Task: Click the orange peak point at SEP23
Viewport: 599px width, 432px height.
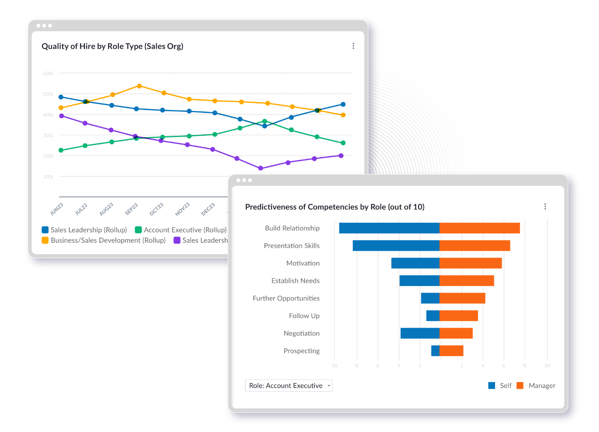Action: point(139,86)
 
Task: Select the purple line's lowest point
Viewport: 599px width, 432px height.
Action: point(260,168)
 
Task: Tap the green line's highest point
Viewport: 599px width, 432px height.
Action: point(264,121)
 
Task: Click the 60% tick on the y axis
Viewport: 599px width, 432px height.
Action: point(48,74)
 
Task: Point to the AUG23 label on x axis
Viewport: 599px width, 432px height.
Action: point(106,209)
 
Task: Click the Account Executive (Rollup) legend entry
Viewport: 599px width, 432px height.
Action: point(181,230)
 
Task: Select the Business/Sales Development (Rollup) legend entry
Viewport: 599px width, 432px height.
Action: point(104,241)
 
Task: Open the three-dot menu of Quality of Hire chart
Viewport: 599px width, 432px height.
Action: point(353,46)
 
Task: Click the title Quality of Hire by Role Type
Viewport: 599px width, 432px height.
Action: point(112,46)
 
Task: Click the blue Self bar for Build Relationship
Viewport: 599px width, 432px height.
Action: point(389,228)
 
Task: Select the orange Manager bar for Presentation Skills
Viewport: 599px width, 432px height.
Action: point(474,246)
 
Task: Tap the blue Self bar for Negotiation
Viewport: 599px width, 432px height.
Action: point(420,333)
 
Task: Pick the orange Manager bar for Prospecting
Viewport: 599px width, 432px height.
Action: point(451,351)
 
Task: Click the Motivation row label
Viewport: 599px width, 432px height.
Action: point(303,263)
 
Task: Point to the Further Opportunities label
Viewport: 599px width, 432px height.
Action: point(286,298)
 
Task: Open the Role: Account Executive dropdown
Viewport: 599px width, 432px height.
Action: point(289,386)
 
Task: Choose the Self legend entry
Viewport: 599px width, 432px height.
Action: point(500,386)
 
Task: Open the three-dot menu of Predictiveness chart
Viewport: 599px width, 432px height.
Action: point(545,207)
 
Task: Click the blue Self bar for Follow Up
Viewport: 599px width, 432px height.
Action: point(433,316)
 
